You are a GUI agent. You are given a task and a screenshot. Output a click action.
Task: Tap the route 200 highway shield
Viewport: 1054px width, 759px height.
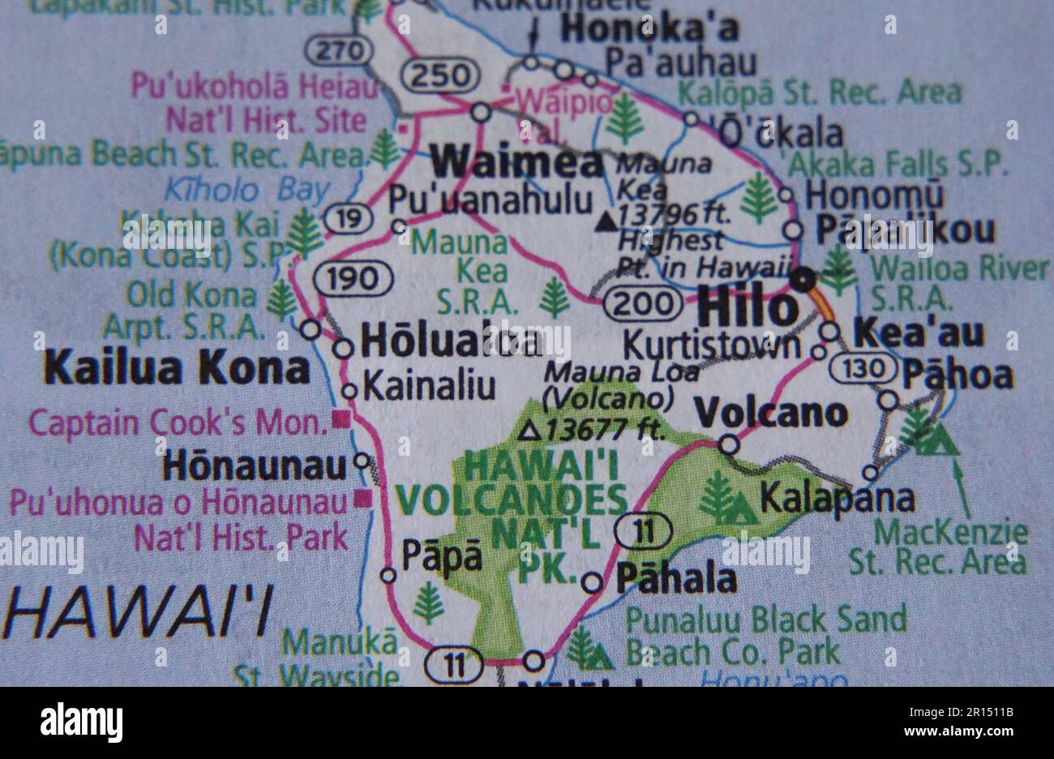pos(643,304)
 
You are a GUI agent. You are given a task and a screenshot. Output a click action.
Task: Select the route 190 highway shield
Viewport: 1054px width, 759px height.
pos(353,279)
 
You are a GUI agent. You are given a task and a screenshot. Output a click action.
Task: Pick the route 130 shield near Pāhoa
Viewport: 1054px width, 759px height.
pos(863,369)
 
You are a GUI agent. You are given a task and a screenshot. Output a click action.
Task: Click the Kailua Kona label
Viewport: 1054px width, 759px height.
pos(178,369)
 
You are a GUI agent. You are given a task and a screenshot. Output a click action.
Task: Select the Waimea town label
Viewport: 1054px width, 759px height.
pos(516,162)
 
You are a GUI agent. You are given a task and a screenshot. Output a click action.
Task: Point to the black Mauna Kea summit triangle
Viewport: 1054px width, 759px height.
pos(606,220)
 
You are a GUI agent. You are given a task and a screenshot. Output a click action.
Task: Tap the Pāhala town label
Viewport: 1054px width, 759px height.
pos(676,579)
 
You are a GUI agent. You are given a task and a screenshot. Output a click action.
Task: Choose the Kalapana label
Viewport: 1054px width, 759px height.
pos(838,498)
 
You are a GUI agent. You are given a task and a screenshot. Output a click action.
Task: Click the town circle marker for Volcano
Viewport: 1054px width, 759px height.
pos(729,444)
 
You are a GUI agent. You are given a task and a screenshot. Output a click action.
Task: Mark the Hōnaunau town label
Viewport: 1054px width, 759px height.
pos(257,465)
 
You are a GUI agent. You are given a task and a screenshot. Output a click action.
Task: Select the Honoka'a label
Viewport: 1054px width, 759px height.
pos(650,29)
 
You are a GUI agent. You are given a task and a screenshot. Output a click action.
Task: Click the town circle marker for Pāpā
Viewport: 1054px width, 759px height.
pos(389,576)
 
